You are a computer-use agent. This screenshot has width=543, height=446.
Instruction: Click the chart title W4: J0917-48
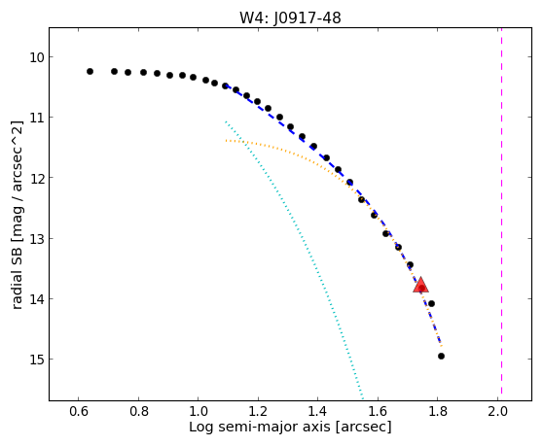click(x=290, y=18)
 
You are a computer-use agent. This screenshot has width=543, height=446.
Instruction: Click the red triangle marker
click(x=420, y=285)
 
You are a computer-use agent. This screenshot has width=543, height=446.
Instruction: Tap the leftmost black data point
click(x=90, y=72)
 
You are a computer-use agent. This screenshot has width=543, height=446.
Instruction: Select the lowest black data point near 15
click(x=441, y=356)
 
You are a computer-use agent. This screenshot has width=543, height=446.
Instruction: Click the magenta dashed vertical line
click(x=501, y=211)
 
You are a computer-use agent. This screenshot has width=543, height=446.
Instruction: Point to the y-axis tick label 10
click(x=37, y=57)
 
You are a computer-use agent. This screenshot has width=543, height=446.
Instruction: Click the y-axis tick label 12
click(x=37, y=178)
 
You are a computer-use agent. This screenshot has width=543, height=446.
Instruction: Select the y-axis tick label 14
click(x=37, y=299)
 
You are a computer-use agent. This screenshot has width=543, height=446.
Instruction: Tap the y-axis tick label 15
click(x=37, y=360)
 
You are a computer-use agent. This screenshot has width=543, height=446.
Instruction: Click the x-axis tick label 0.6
click(x=79, y=411)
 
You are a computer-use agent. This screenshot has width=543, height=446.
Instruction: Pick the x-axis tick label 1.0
click(x=199, y=411)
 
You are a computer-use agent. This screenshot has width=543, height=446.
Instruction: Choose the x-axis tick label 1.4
click(x=318, y=411)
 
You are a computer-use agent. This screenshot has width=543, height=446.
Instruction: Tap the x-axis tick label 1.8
click(x=438, y=411)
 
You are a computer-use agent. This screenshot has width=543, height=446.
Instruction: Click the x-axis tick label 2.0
click(x=497, y=411)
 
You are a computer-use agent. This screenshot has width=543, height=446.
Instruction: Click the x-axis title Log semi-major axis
click(x=260, y=427)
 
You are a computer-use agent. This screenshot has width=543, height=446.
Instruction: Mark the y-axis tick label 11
click(x=37, y=118)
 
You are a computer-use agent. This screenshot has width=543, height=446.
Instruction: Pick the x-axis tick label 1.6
click(x=378, y=411)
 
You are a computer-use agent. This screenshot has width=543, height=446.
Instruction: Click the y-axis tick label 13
click(x=37, y=239)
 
